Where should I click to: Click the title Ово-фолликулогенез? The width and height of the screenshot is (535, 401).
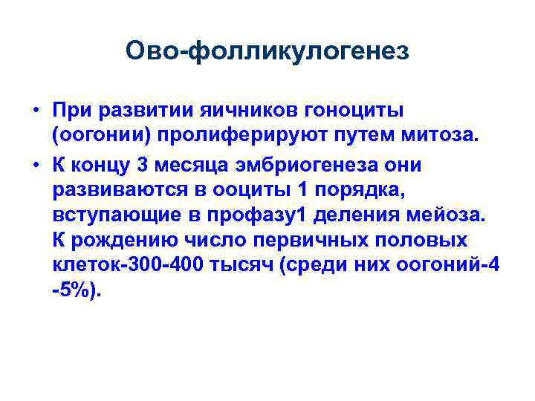coord(267,51)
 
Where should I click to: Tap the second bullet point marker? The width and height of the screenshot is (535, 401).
coord(35,164)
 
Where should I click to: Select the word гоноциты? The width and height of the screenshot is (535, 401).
coord(354,111)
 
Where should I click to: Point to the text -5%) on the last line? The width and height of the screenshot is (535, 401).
coord(74,292)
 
